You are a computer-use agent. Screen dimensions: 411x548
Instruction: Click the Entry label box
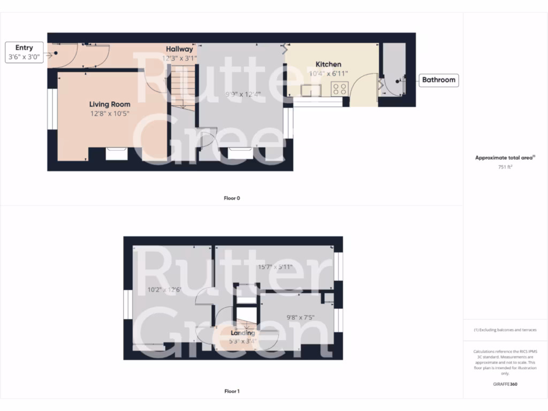tap(24, 52)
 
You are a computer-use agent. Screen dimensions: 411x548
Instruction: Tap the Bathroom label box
tap(438, 80)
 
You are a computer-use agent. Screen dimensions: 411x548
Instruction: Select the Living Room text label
tap(110, 104)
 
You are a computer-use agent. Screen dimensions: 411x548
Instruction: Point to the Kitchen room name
tap(328, 64)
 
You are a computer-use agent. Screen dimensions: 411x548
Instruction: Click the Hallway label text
tap(179, 49)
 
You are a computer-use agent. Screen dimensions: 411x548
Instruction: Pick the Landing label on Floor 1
tap(242, 333)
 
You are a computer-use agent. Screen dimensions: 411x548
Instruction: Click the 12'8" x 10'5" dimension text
tap(110, 113)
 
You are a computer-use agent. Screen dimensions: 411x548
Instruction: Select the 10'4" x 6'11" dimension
tap(328, 74)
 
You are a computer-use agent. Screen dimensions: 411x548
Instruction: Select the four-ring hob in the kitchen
tap(339, 89)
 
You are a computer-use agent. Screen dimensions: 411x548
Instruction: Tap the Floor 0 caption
tap(232, 198)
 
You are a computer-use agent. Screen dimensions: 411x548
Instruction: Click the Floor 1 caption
tap(232, 391)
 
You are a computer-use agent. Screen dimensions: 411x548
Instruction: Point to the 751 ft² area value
tap(505, 167)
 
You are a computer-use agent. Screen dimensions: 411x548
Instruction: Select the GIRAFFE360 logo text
tap(505, 384)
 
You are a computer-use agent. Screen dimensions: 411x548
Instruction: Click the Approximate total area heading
tap(505, 158)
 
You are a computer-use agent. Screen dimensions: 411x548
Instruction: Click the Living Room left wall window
tap(52, 109)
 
